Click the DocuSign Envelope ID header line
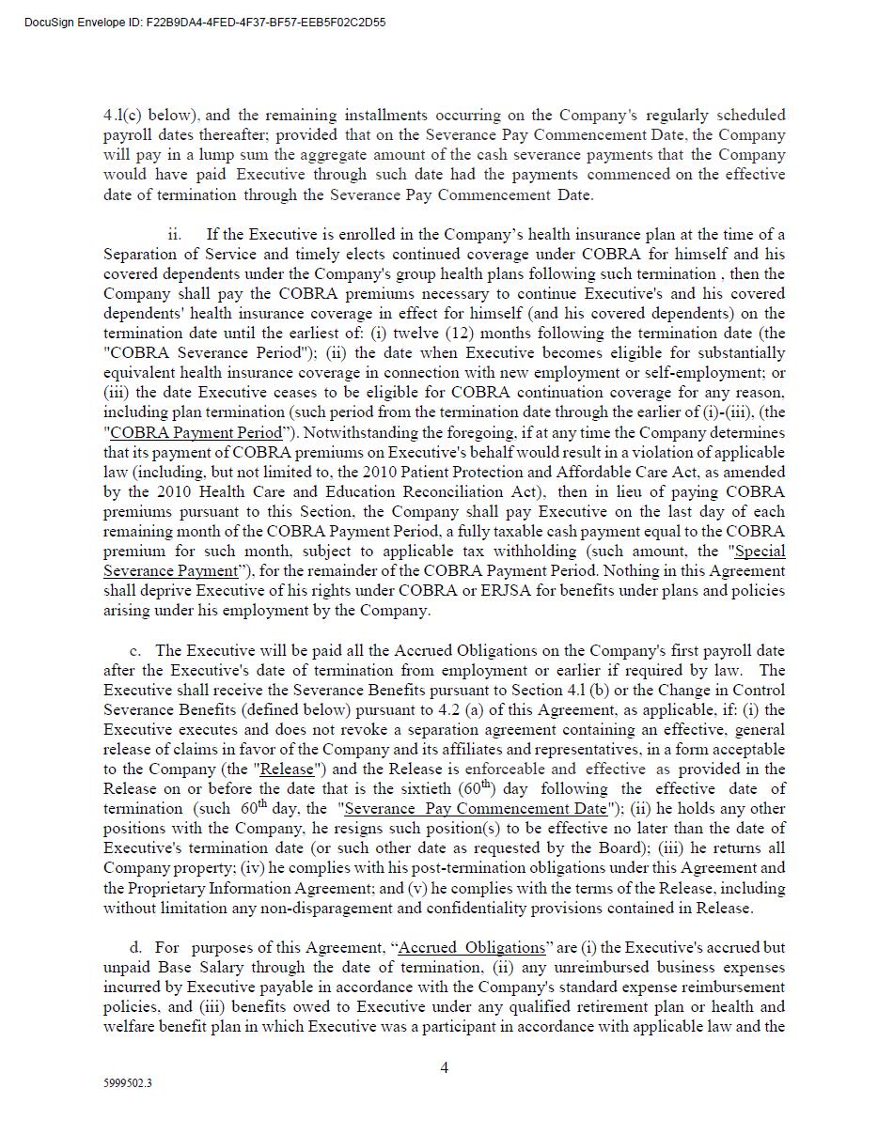pos(205,22)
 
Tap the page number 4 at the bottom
pos(445,1066)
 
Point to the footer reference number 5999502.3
pos(128,1082)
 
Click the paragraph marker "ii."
pos(174,234)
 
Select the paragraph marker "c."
pos(135,650)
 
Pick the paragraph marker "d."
pos(135,947)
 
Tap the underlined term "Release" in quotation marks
pos(287,769)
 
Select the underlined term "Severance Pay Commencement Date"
pos(476,808)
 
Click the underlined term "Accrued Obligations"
pos(472,947)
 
